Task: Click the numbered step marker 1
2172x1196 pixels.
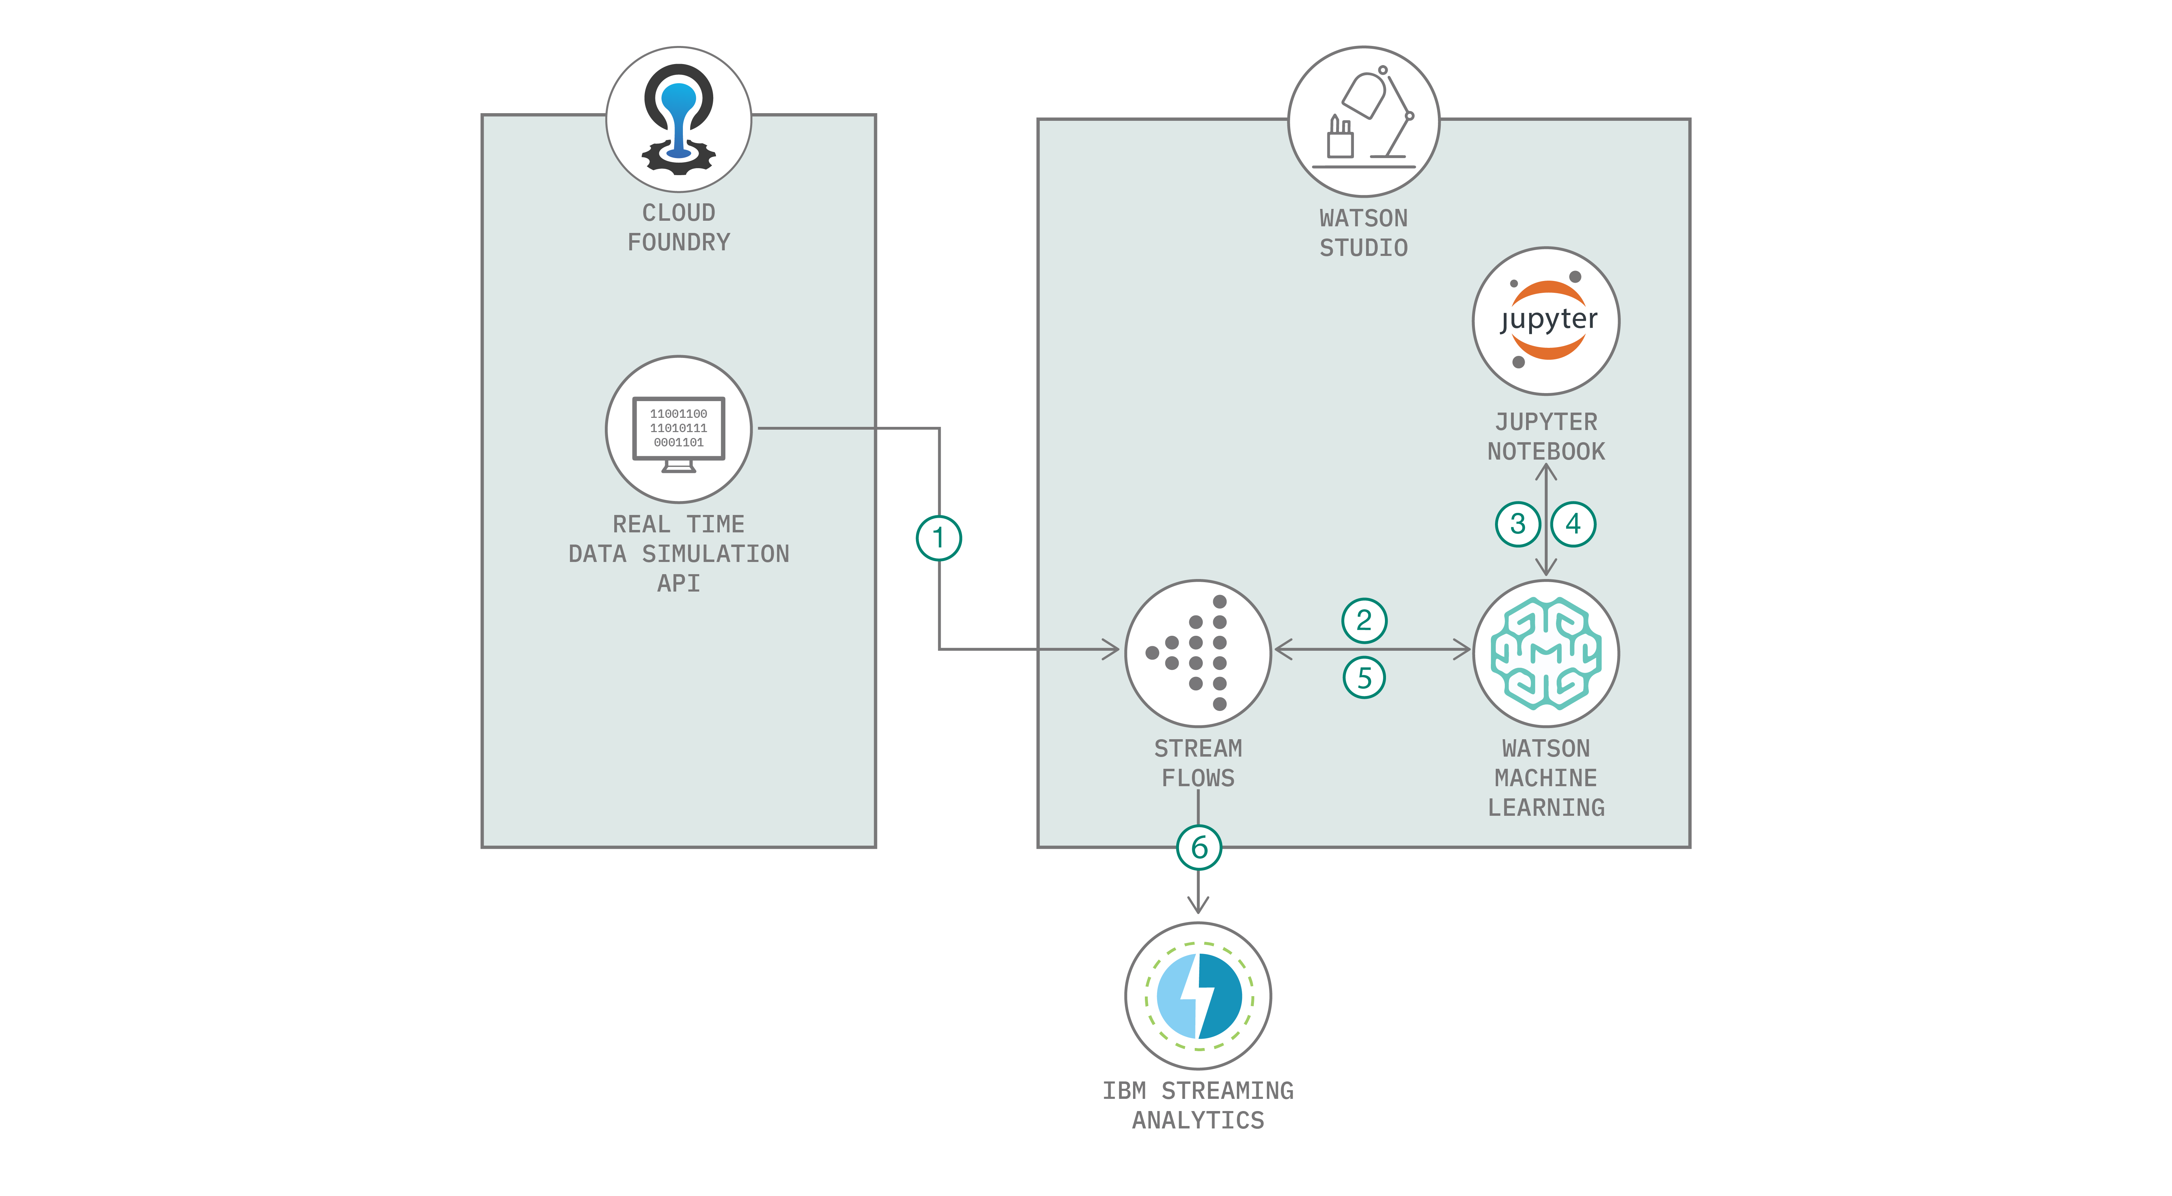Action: pos(938,538)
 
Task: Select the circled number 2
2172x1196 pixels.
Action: pos(1363,620)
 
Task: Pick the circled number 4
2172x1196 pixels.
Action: pos(1573,524)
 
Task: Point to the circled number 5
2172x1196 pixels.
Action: pos(1363,678)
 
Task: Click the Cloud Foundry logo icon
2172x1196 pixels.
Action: pos(679,119)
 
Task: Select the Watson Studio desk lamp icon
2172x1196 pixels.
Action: pos(1363,120)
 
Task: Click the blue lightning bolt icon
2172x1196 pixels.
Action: pos(1198,995)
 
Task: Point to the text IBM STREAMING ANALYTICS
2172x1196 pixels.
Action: pos(1198,1105)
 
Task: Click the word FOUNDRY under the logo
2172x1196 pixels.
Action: pos(679,243)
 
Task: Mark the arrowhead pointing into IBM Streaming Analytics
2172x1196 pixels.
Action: pos(1198,905)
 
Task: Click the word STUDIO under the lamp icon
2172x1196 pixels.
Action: pos(1363,248)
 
